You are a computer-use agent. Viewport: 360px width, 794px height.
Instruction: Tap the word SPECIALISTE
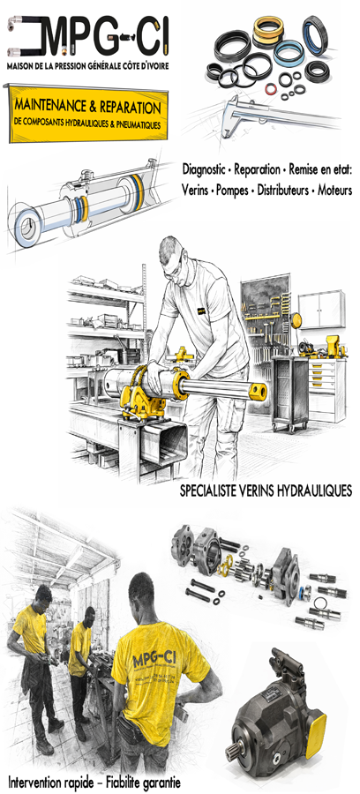(212, 490)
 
